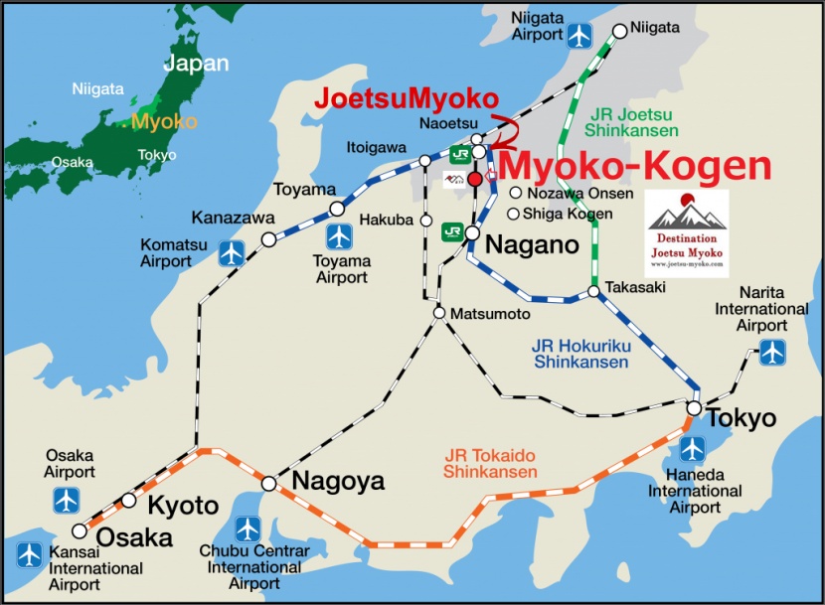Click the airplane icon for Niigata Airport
pyautogui.click(x=579, y=36)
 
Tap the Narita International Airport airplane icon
pyautogui.click(x=772, y=351)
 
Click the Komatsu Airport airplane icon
pyautogui.click(x=232, y=252)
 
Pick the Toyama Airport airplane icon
pyautogui.click(x=340, y=236)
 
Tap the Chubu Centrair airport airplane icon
pyautogui.click(x=247, y=529)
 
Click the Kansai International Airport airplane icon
pyautogui.click(x=30, y=553)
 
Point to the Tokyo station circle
pyautogui.click(x=695, y=408)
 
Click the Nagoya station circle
pyautogui.click(x=269, y=484)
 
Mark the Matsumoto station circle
pyautogui.click(x=438, y=313)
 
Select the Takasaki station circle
pyautogui.click(x=593, y=291)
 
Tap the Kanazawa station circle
pyautogui.click(x=268, y=239)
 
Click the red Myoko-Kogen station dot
pyautogui.click(x=475, y=179)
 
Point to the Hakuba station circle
pyautogui.click(x=425, y=220)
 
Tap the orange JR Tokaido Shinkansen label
pyautogui.click(x=491, y=463)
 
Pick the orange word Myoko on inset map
pyautogui.click(x=150, y=121)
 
